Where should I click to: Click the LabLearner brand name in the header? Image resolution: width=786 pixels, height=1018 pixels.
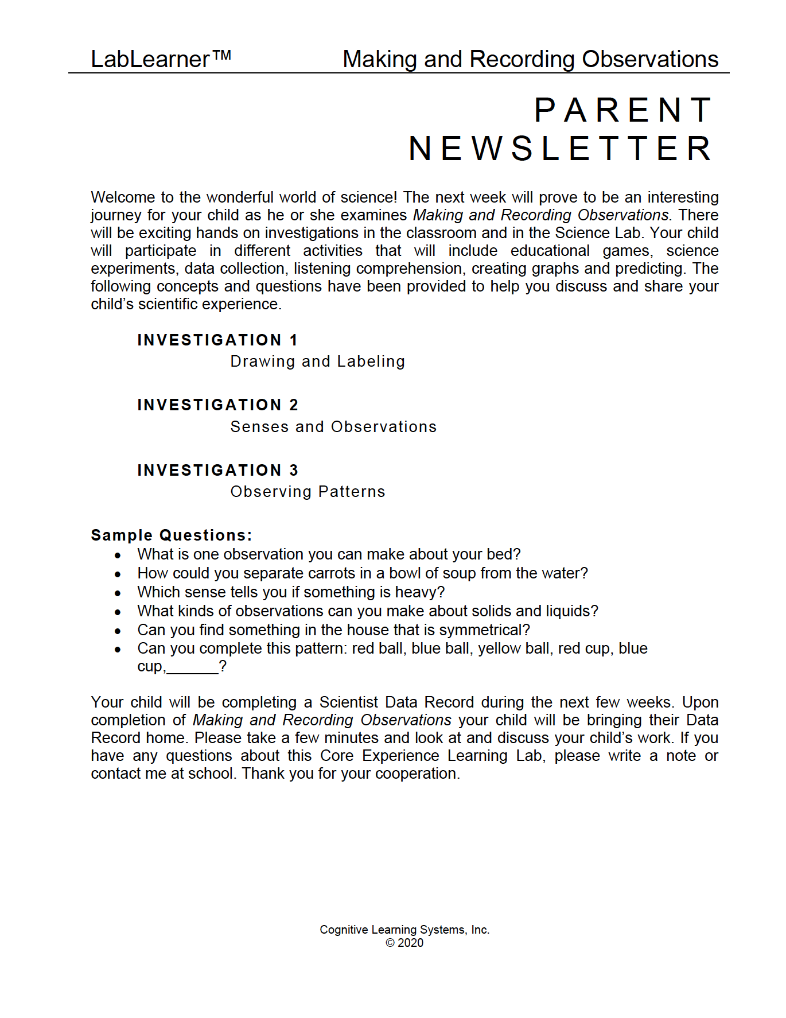pos(150,60)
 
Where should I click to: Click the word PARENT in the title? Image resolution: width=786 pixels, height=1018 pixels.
pos(624,110)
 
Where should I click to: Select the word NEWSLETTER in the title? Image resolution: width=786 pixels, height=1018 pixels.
pos(561,149)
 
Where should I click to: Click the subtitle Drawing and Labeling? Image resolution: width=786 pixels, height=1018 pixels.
pos(317,362)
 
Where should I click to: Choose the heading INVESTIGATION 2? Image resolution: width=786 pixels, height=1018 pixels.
pos(217,405)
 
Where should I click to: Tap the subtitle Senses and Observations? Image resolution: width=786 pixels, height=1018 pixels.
pos(333,427)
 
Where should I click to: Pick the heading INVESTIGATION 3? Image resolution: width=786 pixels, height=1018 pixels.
pos(217,471)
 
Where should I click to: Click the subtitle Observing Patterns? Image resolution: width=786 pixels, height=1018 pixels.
pos(308,492)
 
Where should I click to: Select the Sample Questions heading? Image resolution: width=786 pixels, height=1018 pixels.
pos(171,535)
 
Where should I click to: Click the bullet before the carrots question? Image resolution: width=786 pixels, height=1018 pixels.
pos(118,574)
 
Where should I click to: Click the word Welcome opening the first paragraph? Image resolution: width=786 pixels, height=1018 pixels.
pos(123,197)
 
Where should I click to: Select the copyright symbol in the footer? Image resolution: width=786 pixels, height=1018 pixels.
pos(390,943)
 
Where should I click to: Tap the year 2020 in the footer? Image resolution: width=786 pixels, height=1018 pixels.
pos(411,943)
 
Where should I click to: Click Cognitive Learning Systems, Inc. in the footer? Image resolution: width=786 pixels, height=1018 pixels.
pos(404,930)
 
